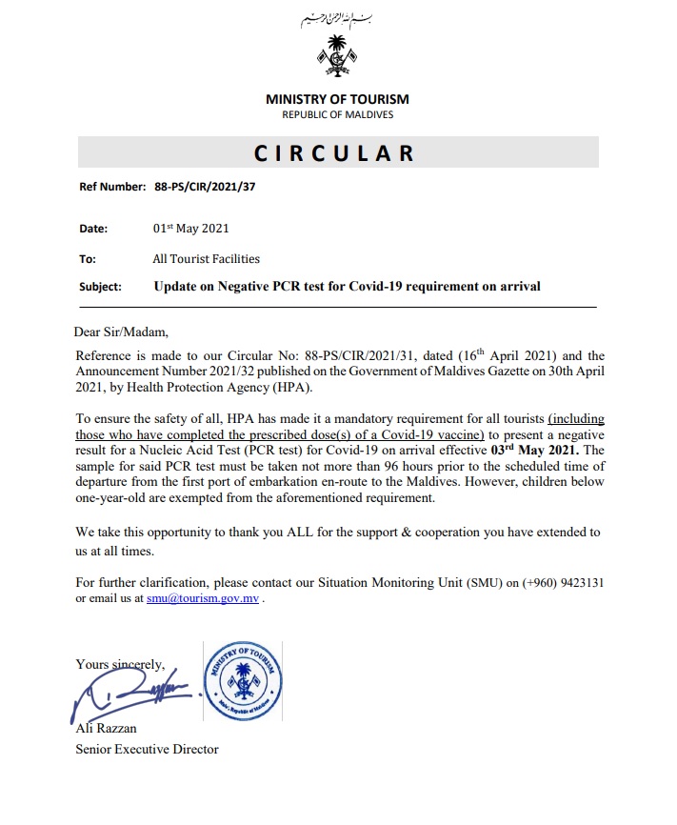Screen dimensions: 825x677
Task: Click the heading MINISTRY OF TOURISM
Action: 337,99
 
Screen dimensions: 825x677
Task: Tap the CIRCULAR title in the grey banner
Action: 337,153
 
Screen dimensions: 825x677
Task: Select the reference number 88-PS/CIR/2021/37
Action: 205,187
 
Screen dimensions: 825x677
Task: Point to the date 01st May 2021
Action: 190,229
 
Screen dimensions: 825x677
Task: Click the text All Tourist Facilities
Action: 206,258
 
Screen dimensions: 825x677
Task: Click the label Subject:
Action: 100,287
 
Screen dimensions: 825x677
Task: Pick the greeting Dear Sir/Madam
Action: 121,332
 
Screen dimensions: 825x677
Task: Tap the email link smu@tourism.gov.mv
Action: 202,600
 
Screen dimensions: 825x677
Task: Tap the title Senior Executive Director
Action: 148,749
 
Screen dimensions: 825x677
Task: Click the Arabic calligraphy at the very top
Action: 337,19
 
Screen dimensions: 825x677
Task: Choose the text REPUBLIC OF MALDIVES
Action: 337,114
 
